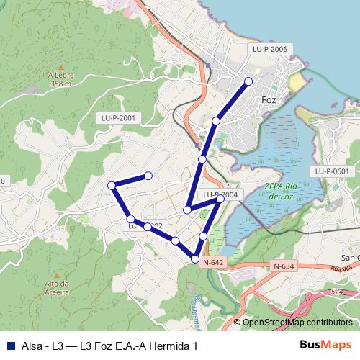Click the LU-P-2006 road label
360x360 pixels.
[x=270, y=49]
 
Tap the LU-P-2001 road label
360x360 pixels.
[x=117, y=117]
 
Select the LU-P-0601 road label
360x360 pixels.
[x=331, y=171]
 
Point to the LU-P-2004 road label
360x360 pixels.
[x=219, y=194]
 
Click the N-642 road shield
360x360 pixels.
[x=214, y=263]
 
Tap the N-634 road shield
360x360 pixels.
[x=284, y=266]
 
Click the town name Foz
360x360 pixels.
[x=270, y=100]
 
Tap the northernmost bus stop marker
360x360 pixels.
[x=249, y=81]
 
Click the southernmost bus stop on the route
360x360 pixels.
[x=195, y=258]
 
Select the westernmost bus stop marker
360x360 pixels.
[x=112, y=186]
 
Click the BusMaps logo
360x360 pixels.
[x=325, y=345]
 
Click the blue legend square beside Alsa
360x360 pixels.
[x=11, y=346]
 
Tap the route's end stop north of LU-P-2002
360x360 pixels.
[x=148, y=176]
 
